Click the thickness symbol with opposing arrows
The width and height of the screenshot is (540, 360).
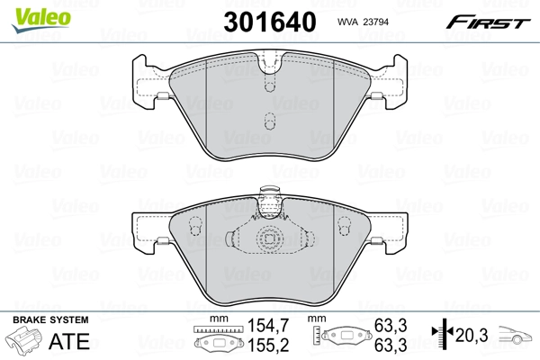click(x=441, y=337)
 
